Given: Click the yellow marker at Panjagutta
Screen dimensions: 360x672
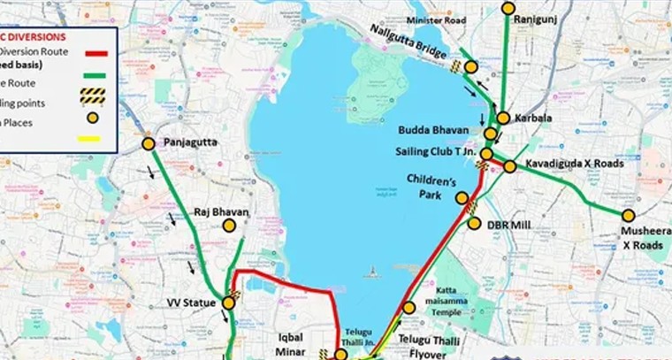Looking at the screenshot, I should click(148, 143).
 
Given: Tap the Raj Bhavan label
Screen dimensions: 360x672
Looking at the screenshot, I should click(221, 212).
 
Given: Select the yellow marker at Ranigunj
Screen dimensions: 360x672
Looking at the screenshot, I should click(508, 8).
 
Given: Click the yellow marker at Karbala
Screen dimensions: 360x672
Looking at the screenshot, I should click(503, 118).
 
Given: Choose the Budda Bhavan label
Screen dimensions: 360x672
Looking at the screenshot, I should click(431, 130).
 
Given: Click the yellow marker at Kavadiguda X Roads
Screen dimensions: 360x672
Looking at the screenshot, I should click(510, 166).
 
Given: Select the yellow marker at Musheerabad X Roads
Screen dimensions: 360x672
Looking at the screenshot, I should click(629, 215).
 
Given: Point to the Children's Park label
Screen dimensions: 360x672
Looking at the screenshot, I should click(431, 187).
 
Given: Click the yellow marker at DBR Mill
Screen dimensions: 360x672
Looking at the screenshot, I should click(474, 224).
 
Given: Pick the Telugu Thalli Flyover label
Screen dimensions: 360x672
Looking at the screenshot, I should click(428, 346).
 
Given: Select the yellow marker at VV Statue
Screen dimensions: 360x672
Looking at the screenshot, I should click(229, 303).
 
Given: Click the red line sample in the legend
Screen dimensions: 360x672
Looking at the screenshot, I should click(95, 52).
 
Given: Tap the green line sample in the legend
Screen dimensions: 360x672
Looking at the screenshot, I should click(95, 77).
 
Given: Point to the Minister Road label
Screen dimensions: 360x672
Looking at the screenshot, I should click(435, 19).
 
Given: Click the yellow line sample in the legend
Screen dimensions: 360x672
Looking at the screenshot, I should click(89, 138).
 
